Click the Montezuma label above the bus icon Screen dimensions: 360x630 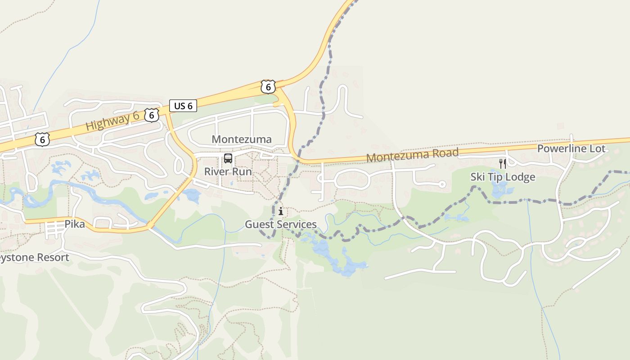pyautogui.click(x=242, y=139)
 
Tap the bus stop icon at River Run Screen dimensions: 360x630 pyautogui.click(x=228, y=158)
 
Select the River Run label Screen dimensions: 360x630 pyautogui.click(x=228, y=171)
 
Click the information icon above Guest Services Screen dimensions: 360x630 pyautogui.click(x=281, y=211)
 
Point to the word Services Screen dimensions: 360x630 pyautogui.click(x=296, y=224)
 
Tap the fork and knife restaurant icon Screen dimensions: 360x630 pyautogui.click(x=503, y=163)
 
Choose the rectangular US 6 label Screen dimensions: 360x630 pyautogui.click(x=183, y=106)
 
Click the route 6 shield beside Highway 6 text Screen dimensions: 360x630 pyautogui.click(x=152, y=115)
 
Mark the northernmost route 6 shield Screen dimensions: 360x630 pyautogui.click(x=268, y=87)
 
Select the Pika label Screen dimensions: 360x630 pyautogui.click(x=75, y=224)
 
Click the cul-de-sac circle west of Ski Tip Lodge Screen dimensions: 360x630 pyautogui.click(x=442, y=184)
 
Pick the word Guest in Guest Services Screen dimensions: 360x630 pyautogui.click(x=258, y=224)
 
